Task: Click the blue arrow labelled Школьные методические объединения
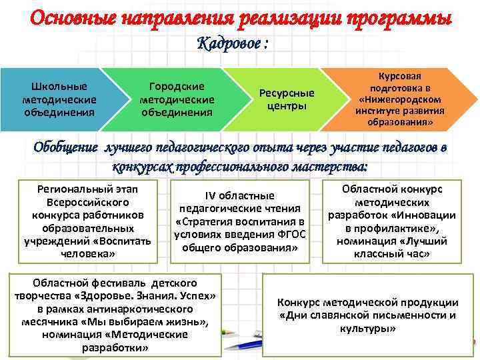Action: (x=59, y=99)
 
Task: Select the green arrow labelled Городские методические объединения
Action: (x=177, y=99)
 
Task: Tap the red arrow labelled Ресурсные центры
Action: (x=287, y=99)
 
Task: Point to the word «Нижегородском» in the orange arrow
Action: (x=394, y=99)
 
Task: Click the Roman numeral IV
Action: (x=209, y=195)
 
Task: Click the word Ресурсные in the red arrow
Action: (x=287, y=93)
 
